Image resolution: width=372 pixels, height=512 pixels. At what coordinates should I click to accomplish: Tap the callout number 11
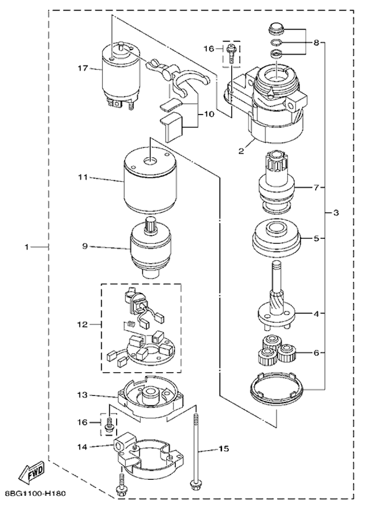pyautogui.click(x=81, y=178)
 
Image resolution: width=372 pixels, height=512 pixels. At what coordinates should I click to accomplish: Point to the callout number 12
pyautogui.click(x=81, y=323)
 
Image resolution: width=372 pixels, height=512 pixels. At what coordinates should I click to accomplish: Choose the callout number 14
pyautogui.click(x=82, y=445)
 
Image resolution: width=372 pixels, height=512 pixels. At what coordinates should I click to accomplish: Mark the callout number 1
pyautogui.click(x=27, y=247)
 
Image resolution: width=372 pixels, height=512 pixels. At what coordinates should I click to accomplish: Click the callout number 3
pyautogui.click(x=335, y=214)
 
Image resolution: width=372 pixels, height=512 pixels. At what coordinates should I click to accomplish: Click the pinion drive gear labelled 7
pyautogui.click(x=275, y=186)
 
